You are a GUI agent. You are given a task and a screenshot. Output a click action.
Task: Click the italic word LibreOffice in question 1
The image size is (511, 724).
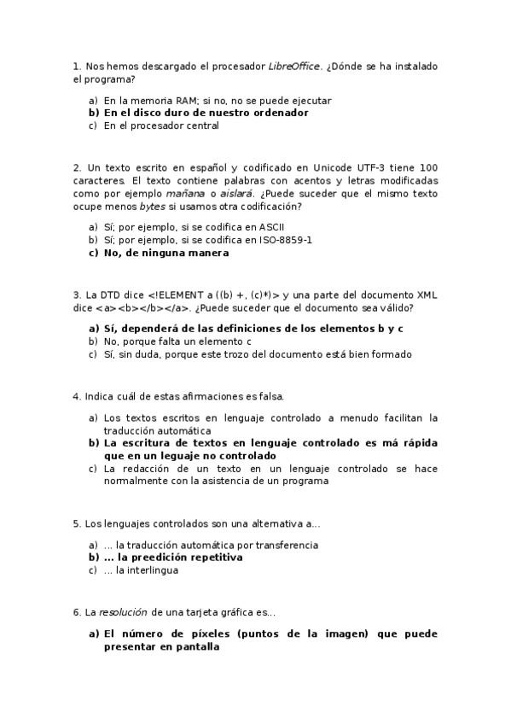pos(294,67)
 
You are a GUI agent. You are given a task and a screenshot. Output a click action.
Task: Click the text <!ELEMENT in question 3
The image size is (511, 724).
pos(176,295)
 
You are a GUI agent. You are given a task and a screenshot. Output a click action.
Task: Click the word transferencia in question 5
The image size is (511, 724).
pos(283,545)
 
